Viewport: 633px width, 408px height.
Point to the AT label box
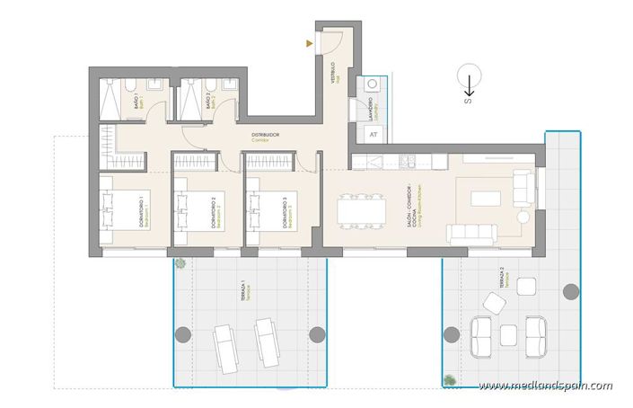[x=374, y=135]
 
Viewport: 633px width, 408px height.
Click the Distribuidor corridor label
[x=265, y=137]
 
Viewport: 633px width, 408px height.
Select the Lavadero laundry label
[x=371, y=109]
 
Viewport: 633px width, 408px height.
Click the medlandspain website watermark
[x=545, y=386]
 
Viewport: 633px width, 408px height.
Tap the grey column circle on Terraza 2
[x=569, y=291]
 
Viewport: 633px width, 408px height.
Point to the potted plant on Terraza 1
[x=180, y=263]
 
